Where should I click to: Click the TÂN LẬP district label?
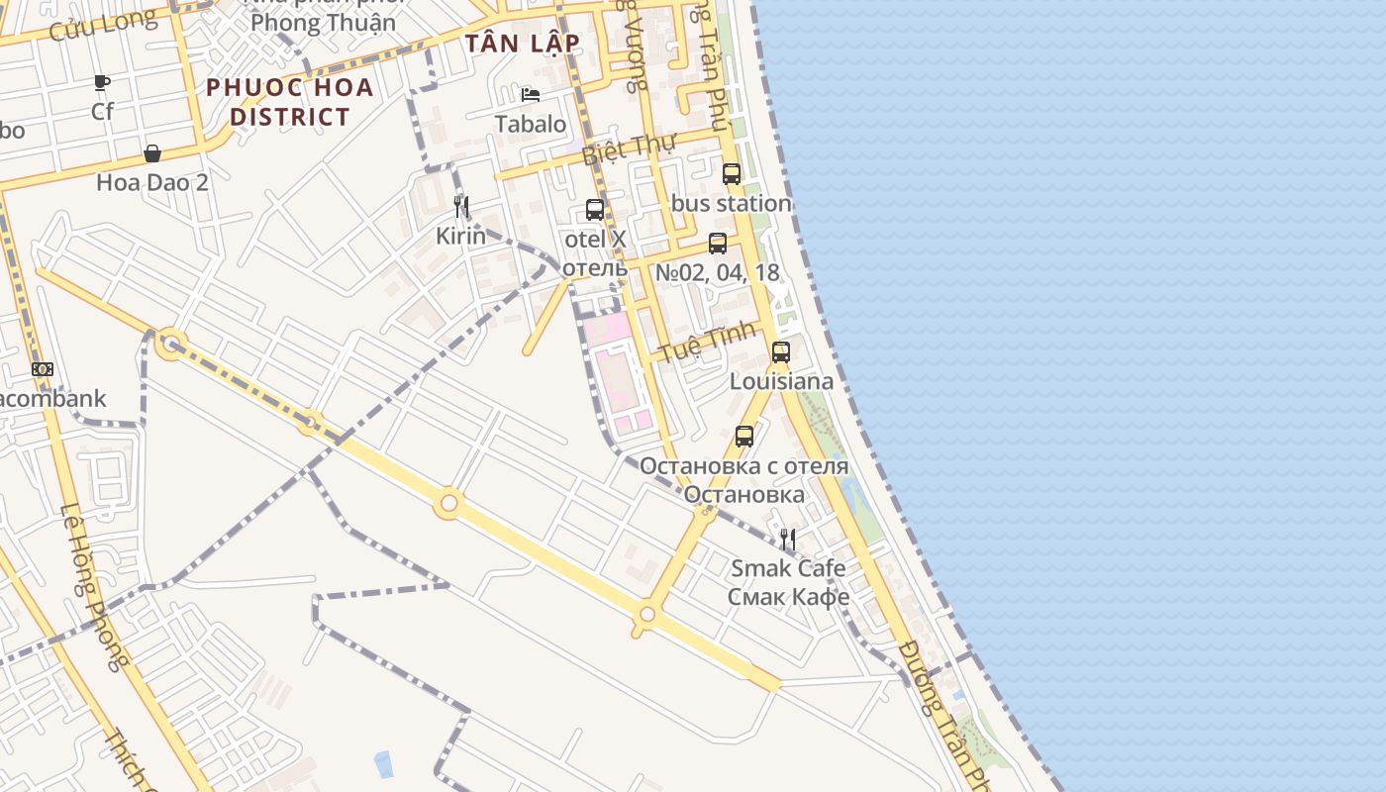(x=522, y=44)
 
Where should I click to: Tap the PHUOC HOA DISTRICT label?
(x=290, y=102)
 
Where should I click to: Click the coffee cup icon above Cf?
(x=102, y=82)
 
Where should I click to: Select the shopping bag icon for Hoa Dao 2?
(x=152, y=153)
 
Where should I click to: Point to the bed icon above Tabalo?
(x=531, y=95)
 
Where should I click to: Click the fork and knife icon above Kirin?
(x=460, y=207)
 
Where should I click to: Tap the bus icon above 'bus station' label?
(x=732, y=174)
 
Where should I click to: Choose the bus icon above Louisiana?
(x=781, y=351)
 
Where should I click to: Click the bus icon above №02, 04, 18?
(x=718, y=244)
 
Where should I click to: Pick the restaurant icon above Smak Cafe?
(x=788, y=540)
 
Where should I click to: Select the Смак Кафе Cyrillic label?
(x=788, y=597)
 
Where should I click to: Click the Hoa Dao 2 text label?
(x=152, y=182)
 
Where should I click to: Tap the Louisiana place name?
(x=781, y=381)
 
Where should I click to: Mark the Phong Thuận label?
(x=323, y=22)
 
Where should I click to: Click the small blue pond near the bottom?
(x=383, y=763)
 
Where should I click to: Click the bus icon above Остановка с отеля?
(x=744, y=436)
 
